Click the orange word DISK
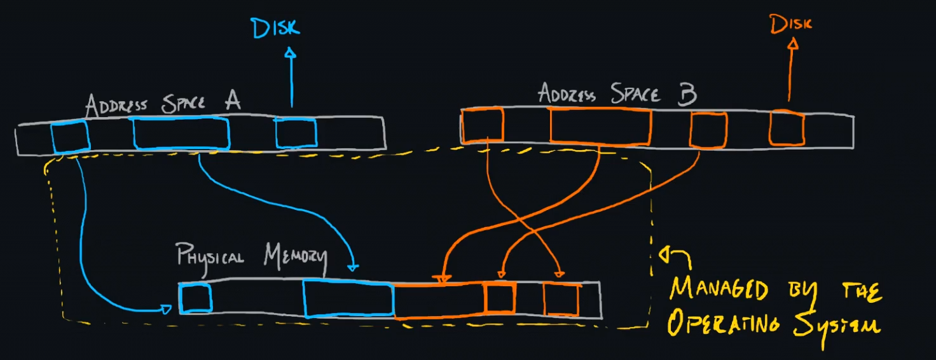click(x=791, y=24)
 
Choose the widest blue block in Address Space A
click(x=181, y=133)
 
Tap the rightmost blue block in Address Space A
click(x=296, y=132)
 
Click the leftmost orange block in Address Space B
click(x=483, y=125)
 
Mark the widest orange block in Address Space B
click(x=601, y=125)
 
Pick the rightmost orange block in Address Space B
click(x=787, y=128)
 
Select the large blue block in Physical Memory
click(x=348, y=298)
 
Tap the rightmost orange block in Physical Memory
click(x=561, y=300)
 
